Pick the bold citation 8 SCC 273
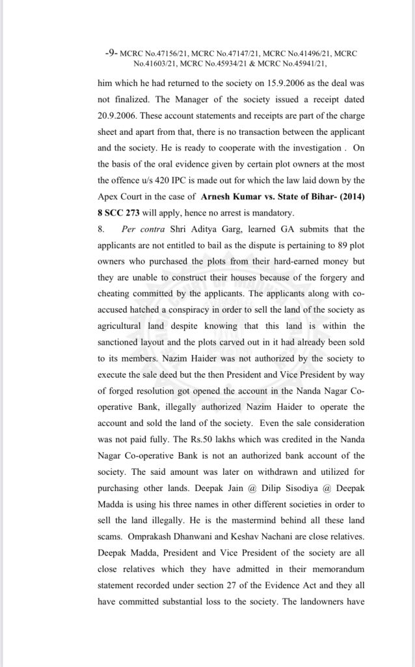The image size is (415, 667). pos(121,212)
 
